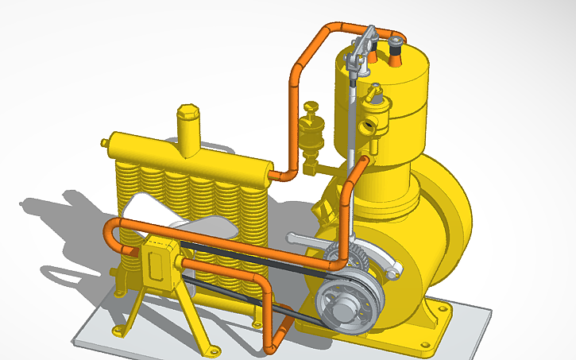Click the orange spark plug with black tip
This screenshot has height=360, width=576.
[395, 49]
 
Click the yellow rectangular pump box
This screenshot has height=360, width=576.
[162, 261]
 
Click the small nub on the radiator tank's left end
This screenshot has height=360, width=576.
[104, 142]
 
